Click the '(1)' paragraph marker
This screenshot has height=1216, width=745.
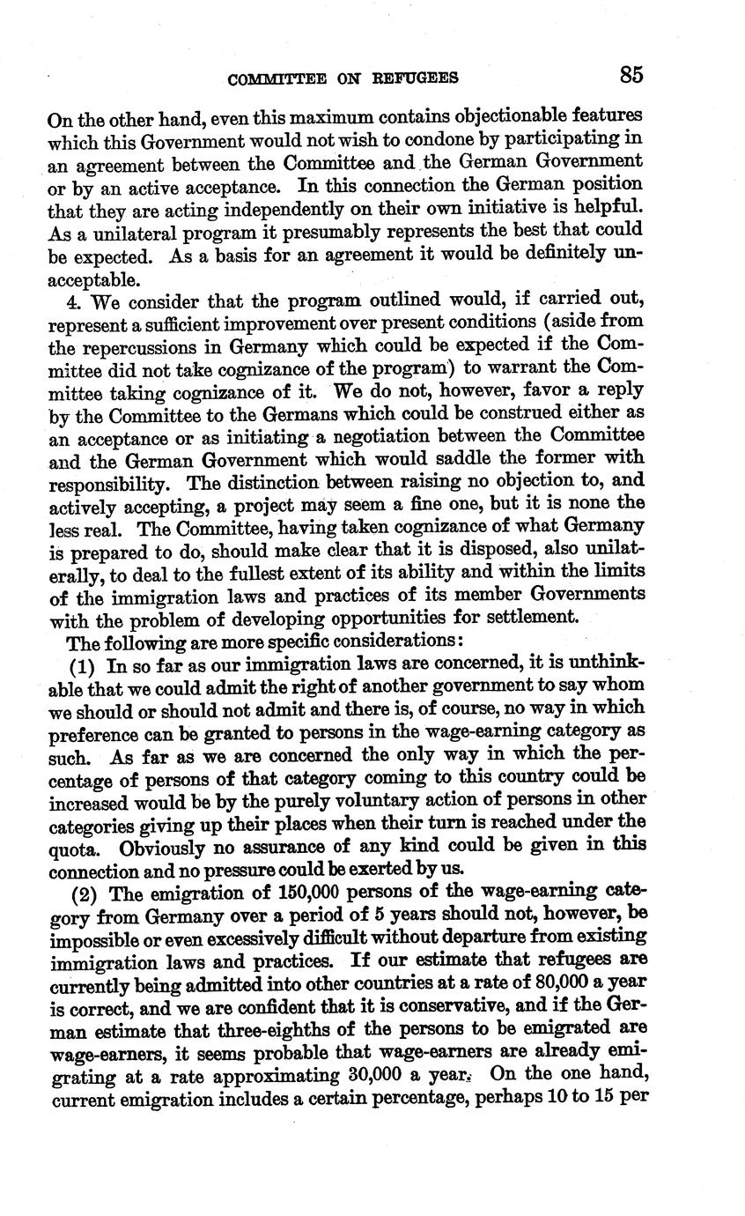[x=83, y=663]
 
